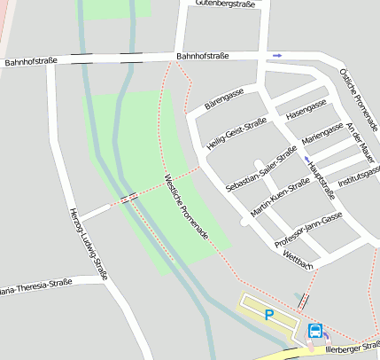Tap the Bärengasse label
223,98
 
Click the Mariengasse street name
322,132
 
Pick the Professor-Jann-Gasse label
307,229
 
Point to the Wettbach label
298,267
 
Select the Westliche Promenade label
186,205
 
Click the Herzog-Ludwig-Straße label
88,244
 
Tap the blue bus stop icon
314,332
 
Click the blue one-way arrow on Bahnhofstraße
277,55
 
